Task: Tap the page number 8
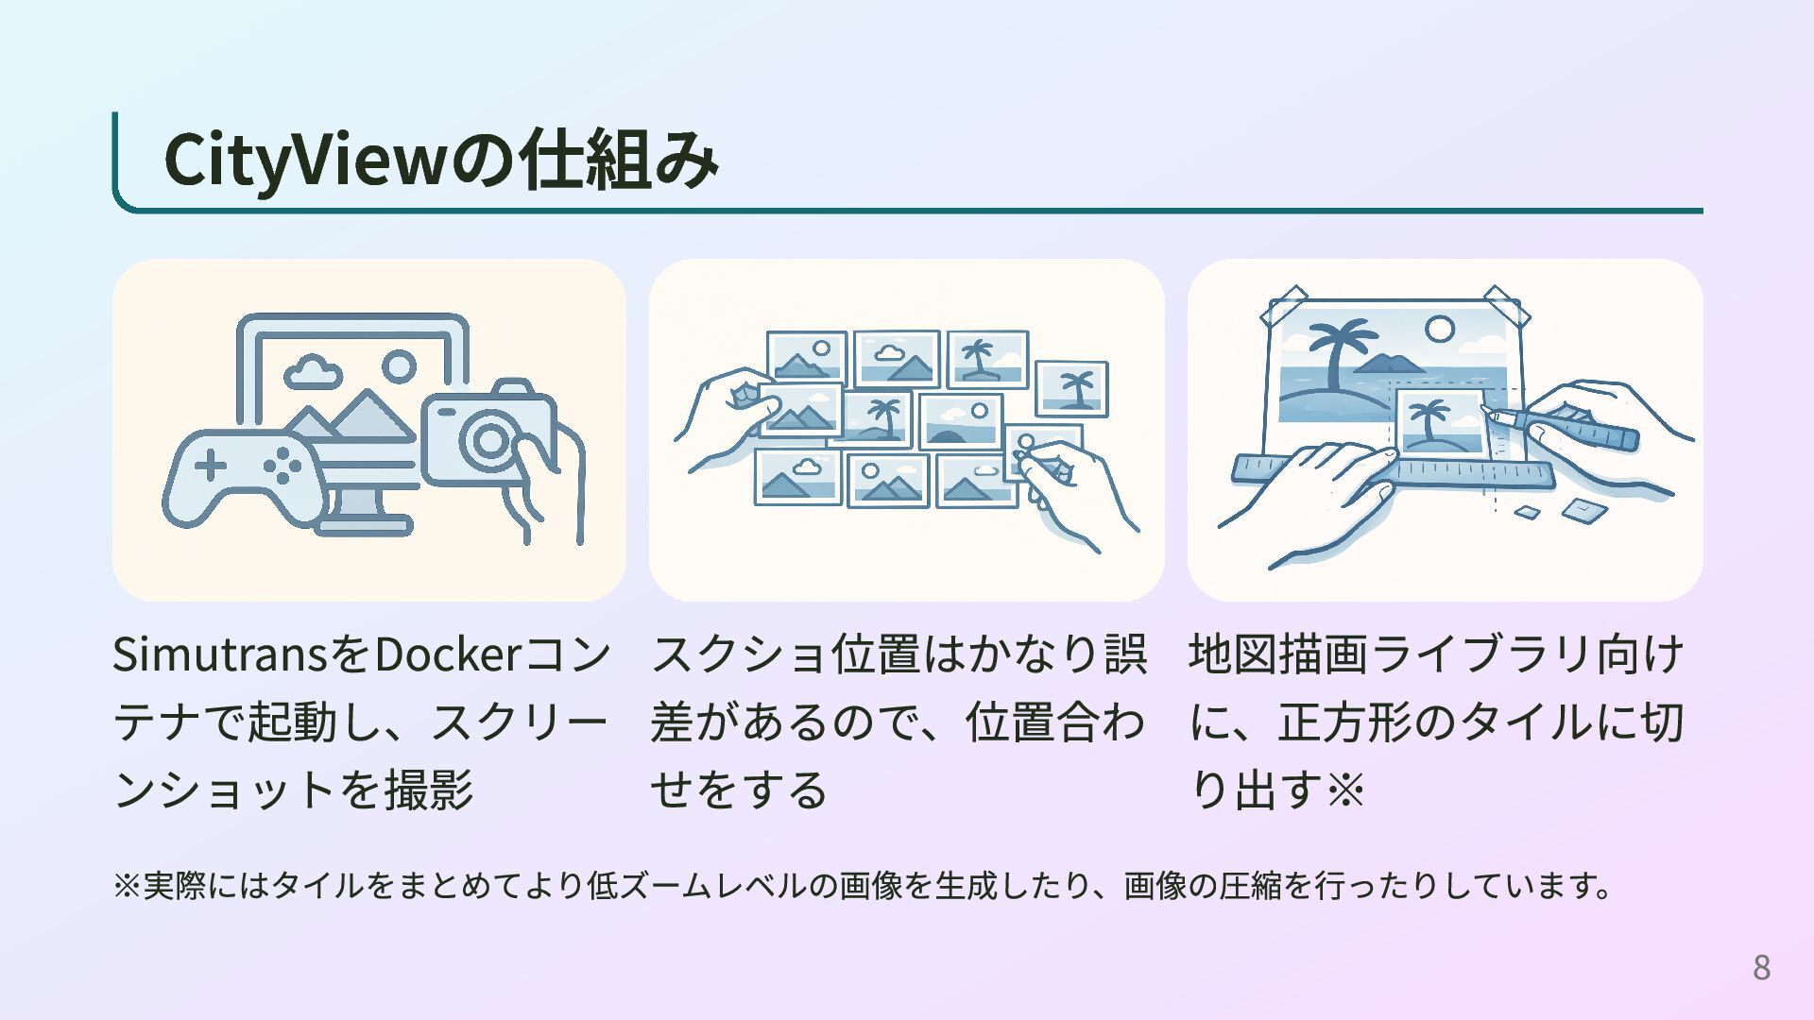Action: tap(1761, 967)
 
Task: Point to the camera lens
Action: tap(489, 440)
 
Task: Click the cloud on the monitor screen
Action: tap(313, 372)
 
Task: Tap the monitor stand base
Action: tap(365, 525)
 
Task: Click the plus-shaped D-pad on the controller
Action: tap(211, 465)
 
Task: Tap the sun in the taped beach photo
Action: tap(1439, 329)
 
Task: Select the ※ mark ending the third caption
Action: tap(1345, 790)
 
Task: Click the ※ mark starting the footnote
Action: tap(127, 886)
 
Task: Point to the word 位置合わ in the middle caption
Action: tap(1054, 722)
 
